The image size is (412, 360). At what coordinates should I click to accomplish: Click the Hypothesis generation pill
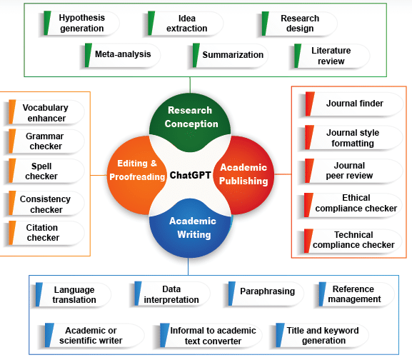click(81, 23)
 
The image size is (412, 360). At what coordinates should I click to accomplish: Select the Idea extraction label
click(186, 23)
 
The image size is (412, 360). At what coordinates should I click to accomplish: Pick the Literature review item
click(331, 56)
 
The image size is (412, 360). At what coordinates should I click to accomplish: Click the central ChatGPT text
click(189, 175)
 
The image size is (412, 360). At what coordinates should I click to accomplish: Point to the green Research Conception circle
click(190, 118)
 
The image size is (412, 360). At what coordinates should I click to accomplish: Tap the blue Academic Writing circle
click(190, 228)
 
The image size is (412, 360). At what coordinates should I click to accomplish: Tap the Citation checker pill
click(44, 233)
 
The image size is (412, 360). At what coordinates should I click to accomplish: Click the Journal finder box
click(354, 104)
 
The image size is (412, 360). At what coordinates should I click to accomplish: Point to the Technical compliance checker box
click(353, 240)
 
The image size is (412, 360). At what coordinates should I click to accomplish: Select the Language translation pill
click(74, 294)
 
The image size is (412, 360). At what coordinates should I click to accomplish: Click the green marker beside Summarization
click(196, 55)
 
